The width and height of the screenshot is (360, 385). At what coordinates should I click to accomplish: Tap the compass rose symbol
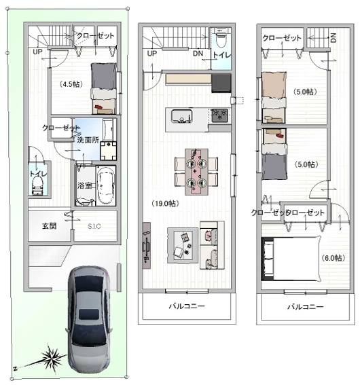pos(52,356)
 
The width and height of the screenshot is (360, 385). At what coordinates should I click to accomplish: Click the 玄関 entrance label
pos(50,226)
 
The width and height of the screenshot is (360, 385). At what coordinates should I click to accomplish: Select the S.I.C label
pos(94,226)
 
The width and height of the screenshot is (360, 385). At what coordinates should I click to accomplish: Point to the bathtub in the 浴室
pos(106,185)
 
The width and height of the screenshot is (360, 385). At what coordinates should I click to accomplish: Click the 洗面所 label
pos(88,140)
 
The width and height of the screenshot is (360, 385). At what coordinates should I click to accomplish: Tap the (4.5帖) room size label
pos(71,84)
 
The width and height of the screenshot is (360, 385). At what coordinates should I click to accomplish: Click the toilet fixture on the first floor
pos(37,186)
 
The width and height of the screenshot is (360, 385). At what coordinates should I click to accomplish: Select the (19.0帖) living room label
pos(165,203)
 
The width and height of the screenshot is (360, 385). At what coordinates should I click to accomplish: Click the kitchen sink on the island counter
pos(182,116)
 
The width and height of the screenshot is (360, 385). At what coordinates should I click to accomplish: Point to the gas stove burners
pos(220,115)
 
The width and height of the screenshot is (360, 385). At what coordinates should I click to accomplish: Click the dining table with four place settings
pos(196,172)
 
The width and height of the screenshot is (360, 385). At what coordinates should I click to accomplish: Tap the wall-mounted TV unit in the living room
pos(147,246)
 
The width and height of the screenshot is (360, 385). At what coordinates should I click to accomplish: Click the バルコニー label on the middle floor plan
pos(187,306)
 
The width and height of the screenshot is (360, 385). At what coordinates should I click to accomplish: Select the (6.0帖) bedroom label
pos(334,258)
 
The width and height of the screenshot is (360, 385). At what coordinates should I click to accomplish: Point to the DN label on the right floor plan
pos(334,38)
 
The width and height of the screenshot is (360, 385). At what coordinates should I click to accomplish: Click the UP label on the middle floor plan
pos(152,53)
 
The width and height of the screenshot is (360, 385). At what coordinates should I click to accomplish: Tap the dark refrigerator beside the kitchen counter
pos(221,84)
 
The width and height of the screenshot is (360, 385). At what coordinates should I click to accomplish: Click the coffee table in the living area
pos(183,246)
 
